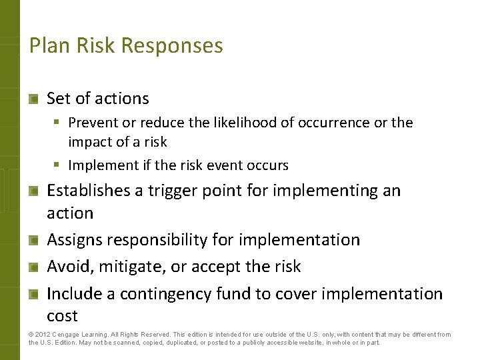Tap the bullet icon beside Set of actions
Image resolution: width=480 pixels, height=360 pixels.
tap(34, 99)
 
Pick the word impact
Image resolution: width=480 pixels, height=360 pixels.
tap(88, 142)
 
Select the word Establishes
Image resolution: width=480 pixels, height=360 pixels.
tap(89, 191)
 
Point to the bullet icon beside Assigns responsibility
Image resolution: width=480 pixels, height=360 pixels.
tap(34, 240)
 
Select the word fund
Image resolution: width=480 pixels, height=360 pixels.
tap(230, 293)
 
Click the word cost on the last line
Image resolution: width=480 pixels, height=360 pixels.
tap(62, 316)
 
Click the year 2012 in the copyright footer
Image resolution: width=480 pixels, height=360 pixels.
tap(44, 335)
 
